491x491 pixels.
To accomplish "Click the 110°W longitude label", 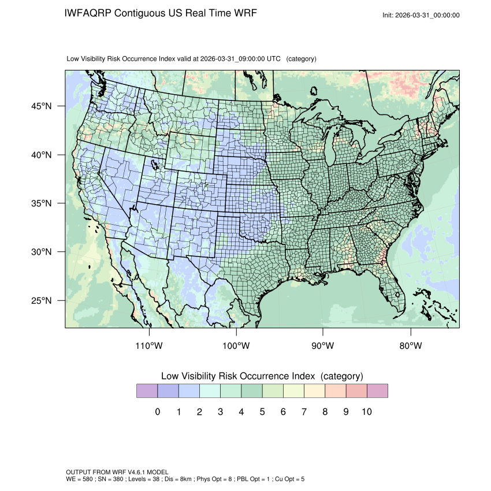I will [149, 346].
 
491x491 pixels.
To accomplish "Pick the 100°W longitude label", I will [236, 346].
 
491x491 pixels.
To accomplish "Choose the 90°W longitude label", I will [323, 346].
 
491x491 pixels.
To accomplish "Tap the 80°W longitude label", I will [410, 346].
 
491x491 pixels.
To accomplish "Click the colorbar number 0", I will [157, 412].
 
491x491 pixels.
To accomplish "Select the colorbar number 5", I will [262, 412].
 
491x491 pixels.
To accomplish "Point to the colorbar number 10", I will [367, 412].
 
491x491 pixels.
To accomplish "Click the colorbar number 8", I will [325, 412].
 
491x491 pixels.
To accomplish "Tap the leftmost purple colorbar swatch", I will [147, 391].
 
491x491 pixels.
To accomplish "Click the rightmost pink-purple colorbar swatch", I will [377, 391].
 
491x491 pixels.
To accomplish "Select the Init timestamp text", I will [421, 16].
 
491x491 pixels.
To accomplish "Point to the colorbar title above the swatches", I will [262, 376].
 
